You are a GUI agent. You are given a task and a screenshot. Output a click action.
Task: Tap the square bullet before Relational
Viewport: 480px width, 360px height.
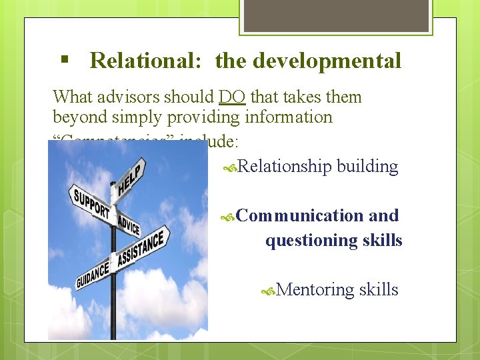coord(65,59)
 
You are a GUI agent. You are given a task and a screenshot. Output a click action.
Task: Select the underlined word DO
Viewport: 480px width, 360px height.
coord(231,97)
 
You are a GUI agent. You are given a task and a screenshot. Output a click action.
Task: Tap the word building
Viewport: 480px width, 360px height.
coord(368,166)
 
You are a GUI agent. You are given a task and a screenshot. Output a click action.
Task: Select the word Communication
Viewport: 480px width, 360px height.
coord(299,215)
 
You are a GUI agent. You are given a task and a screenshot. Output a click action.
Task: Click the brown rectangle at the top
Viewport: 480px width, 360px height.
coord(336,15)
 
